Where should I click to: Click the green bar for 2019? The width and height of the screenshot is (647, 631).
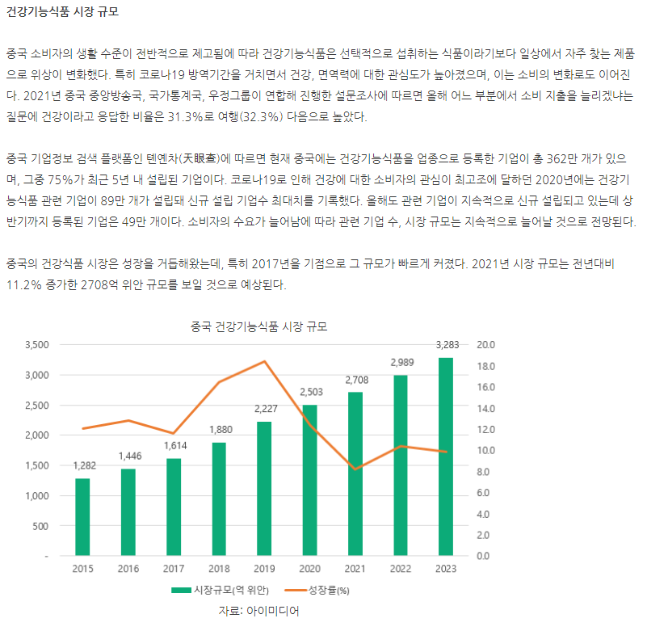pyautogui.click(x=264, y=488)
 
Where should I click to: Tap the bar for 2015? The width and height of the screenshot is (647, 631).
pyautogui.click(x=82, y=517)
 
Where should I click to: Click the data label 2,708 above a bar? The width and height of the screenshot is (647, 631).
pyautogui.click(x=356, y=380)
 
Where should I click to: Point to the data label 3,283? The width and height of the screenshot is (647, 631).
pyautogui.click(x=447, y=345)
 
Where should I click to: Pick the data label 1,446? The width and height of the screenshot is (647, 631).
pyautogui.click(x=129, y=456)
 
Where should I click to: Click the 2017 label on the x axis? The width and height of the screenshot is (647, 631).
pyautogui.click(x=174, y=569)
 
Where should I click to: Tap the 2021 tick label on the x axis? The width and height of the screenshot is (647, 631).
pyautogui.click(x=355, y=569)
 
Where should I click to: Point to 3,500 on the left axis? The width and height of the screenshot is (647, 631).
pyautogui.click(x=38, y=345)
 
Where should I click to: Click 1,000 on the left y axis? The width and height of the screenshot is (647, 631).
pyautogui.click(x=38, y=496)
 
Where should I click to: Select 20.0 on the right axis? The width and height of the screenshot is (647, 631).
pyautogui.click(x=486, y=345)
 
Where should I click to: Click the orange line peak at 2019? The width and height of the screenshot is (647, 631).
pyautogui.click(x=265, y=361)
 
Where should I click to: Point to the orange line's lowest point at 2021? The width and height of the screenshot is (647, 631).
pyautogui.click(x=355, y=469)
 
